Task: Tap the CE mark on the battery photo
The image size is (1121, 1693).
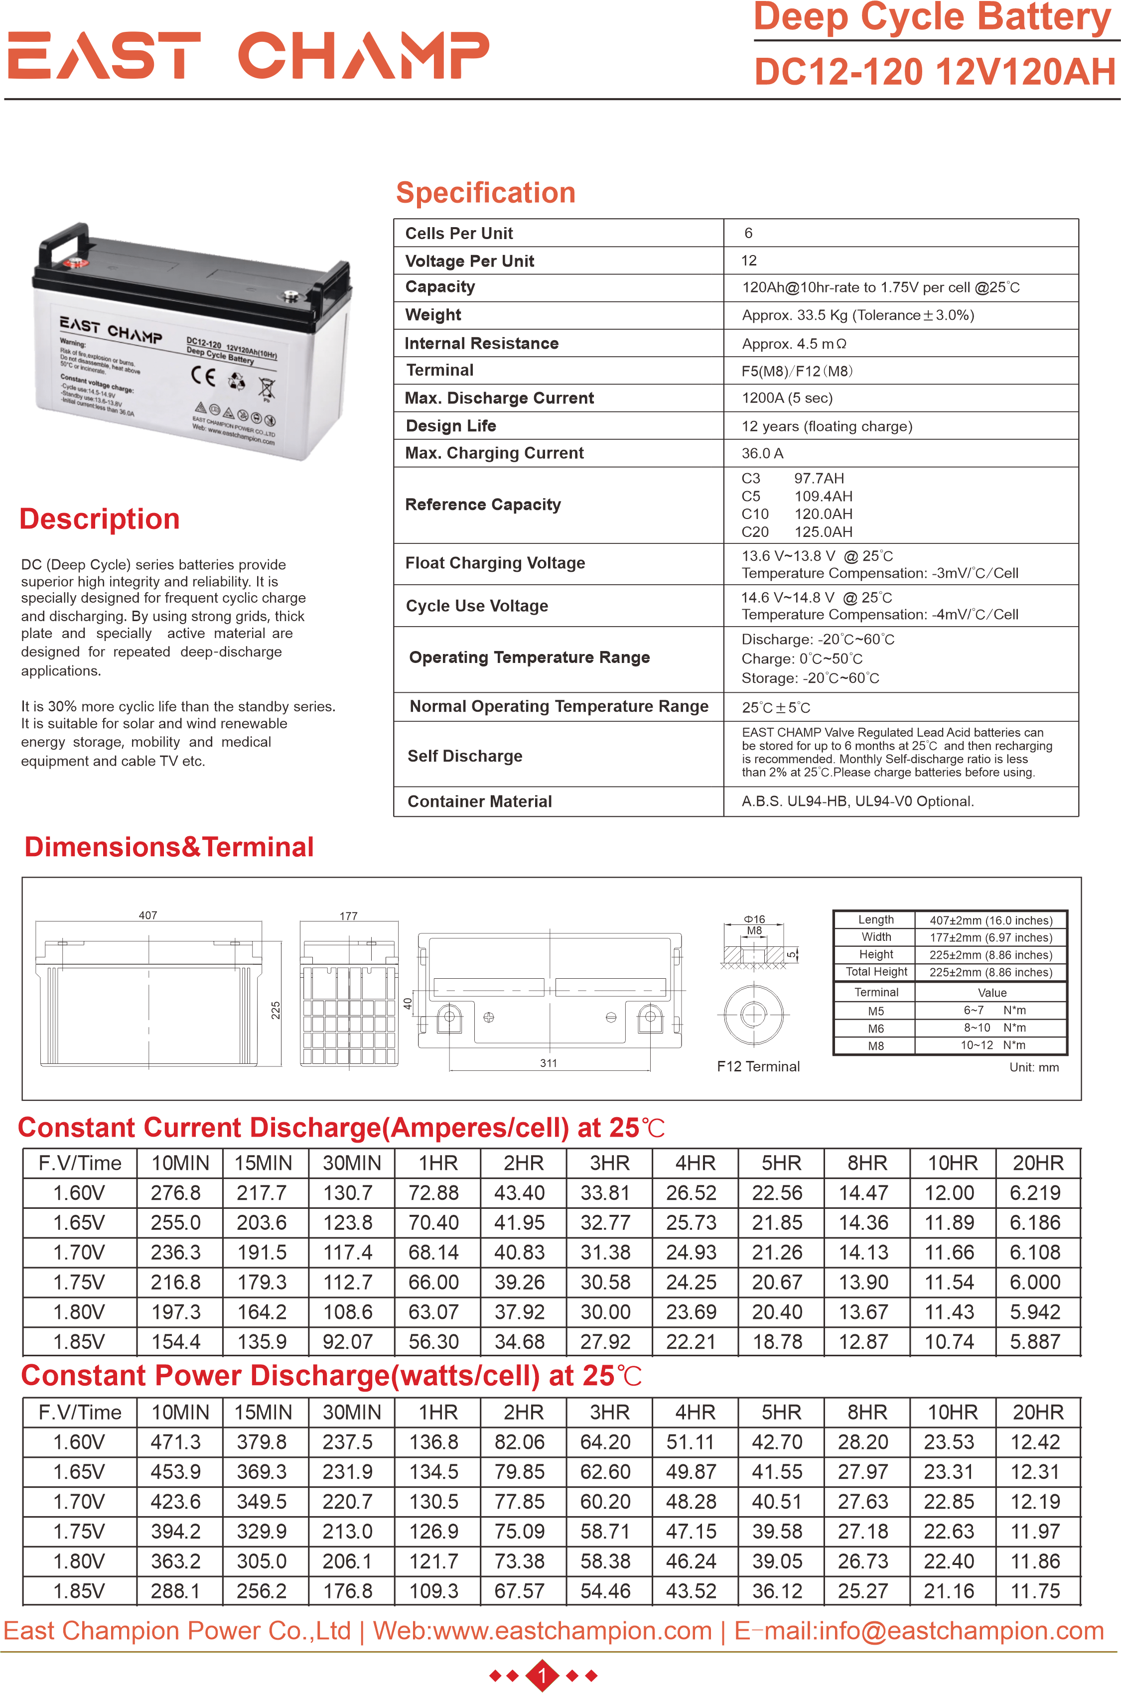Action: coord(203,375)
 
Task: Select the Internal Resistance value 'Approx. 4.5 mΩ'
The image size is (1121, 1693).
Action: coord(794,344)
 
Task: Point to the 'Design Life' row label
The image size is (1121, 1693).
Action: coord(450,426)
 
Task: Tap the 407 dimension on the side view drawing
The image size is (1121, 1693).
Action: coord(148,915)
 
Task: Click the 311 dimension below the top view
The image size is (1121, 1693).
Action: coord(549,1063)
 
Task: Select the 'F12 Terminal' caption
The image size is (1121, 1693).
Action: coord(758,1066)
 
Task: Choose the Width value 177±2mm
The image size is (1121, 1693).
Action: coord(990,937)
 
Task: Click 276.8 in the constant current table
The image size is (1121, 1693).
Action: coord(175,1193)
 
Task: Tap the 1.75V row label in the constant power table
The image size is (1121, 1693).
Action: coord(79,1532)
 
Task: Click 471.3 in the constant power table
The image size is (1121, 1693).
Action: coord(175,1442)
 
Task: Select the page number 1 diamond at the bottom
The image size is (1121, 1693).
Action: coord(542,1675)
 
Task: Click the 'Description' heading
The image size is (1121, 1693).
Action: coord(99,519)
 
